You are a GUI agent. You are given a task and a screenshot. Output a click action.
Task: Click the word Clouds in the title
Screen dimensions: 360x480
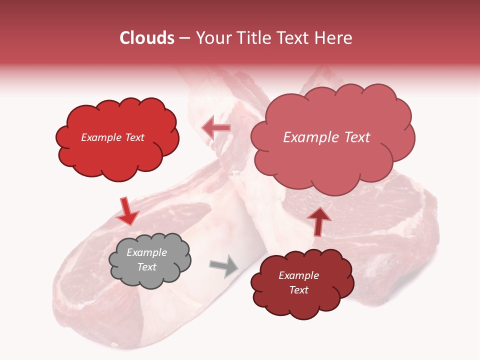click(x=147, y=38)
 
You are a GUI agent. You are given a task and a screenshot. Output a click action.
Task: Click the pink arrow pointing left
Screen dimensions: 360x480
click(x=216, y=128)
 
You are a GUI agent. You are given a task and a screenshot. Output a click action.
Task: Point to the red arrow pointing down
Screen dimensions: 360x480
click(x=127, y=211)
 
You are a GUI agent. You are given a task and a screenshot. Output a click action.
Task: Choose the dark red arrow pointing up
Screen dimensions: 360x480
click(x=319, y=220)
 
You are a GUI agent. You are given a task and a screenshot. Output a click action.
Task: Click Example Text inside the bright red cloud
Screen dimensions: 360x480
click(x=112, y=137)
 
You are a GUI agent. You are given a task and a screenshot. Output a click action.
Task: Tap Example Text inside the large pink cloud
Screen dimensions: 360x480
click(x=326, y=137)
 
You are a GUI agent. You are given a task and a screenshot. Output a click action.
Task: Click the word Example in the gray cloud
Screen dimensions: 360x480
click(x=146, y=252)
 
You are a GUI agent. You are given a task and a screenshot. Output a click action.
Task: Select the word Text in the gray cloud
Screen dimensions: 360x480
click(x=146, y=267)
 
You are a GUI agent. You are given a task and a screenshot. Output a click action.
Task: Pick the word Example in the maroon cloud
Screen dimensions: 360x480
click(x=298, y=275)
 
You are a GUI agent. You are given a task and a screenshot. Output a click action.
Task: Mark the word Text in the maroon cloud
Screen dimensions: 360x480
click(x=298, y=290)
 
